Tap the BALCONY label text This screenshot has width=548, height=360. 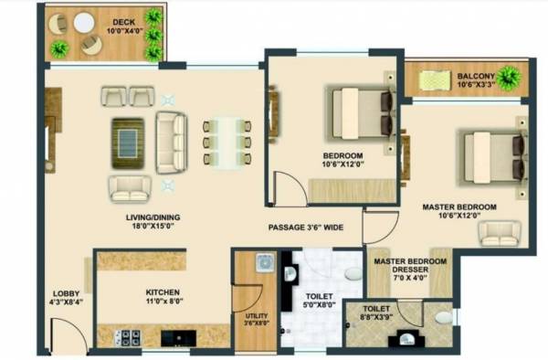pyautogui.click(x=476, y=76)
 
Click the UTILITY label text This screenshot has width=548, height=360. pyautogui.click(x=252, y=312)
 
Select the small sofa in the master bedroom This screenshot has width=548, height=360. pyautogui.click(x=496, y=234)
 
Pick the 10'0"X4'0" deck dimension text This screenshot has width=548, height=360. pyautogui.click(x=124, y=30)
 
